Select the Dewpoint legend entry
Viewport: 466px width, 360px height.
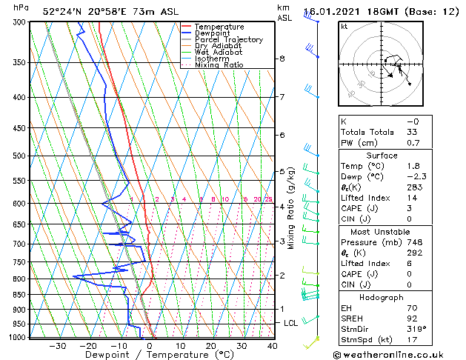coord(214,33)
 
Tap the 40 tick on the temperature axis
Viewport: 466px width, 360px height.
coord(272,346)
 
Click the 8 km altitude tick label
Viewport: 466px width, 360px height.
coord(282,59)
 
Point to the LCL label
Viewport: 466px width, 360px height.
coord(291,324)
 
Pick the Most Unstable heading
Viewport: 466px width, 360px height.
coord(382,231)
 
